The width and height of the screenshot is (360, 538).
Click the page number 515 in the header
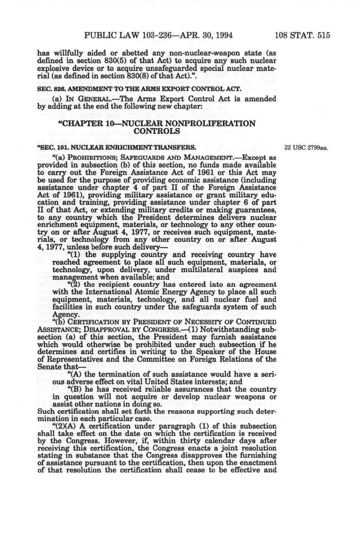tap(323, 36)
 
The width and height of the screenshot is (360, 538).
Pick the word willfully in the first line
tap(70, 53)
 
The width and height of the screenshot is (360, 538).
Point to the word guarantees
tap(257, 210)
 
